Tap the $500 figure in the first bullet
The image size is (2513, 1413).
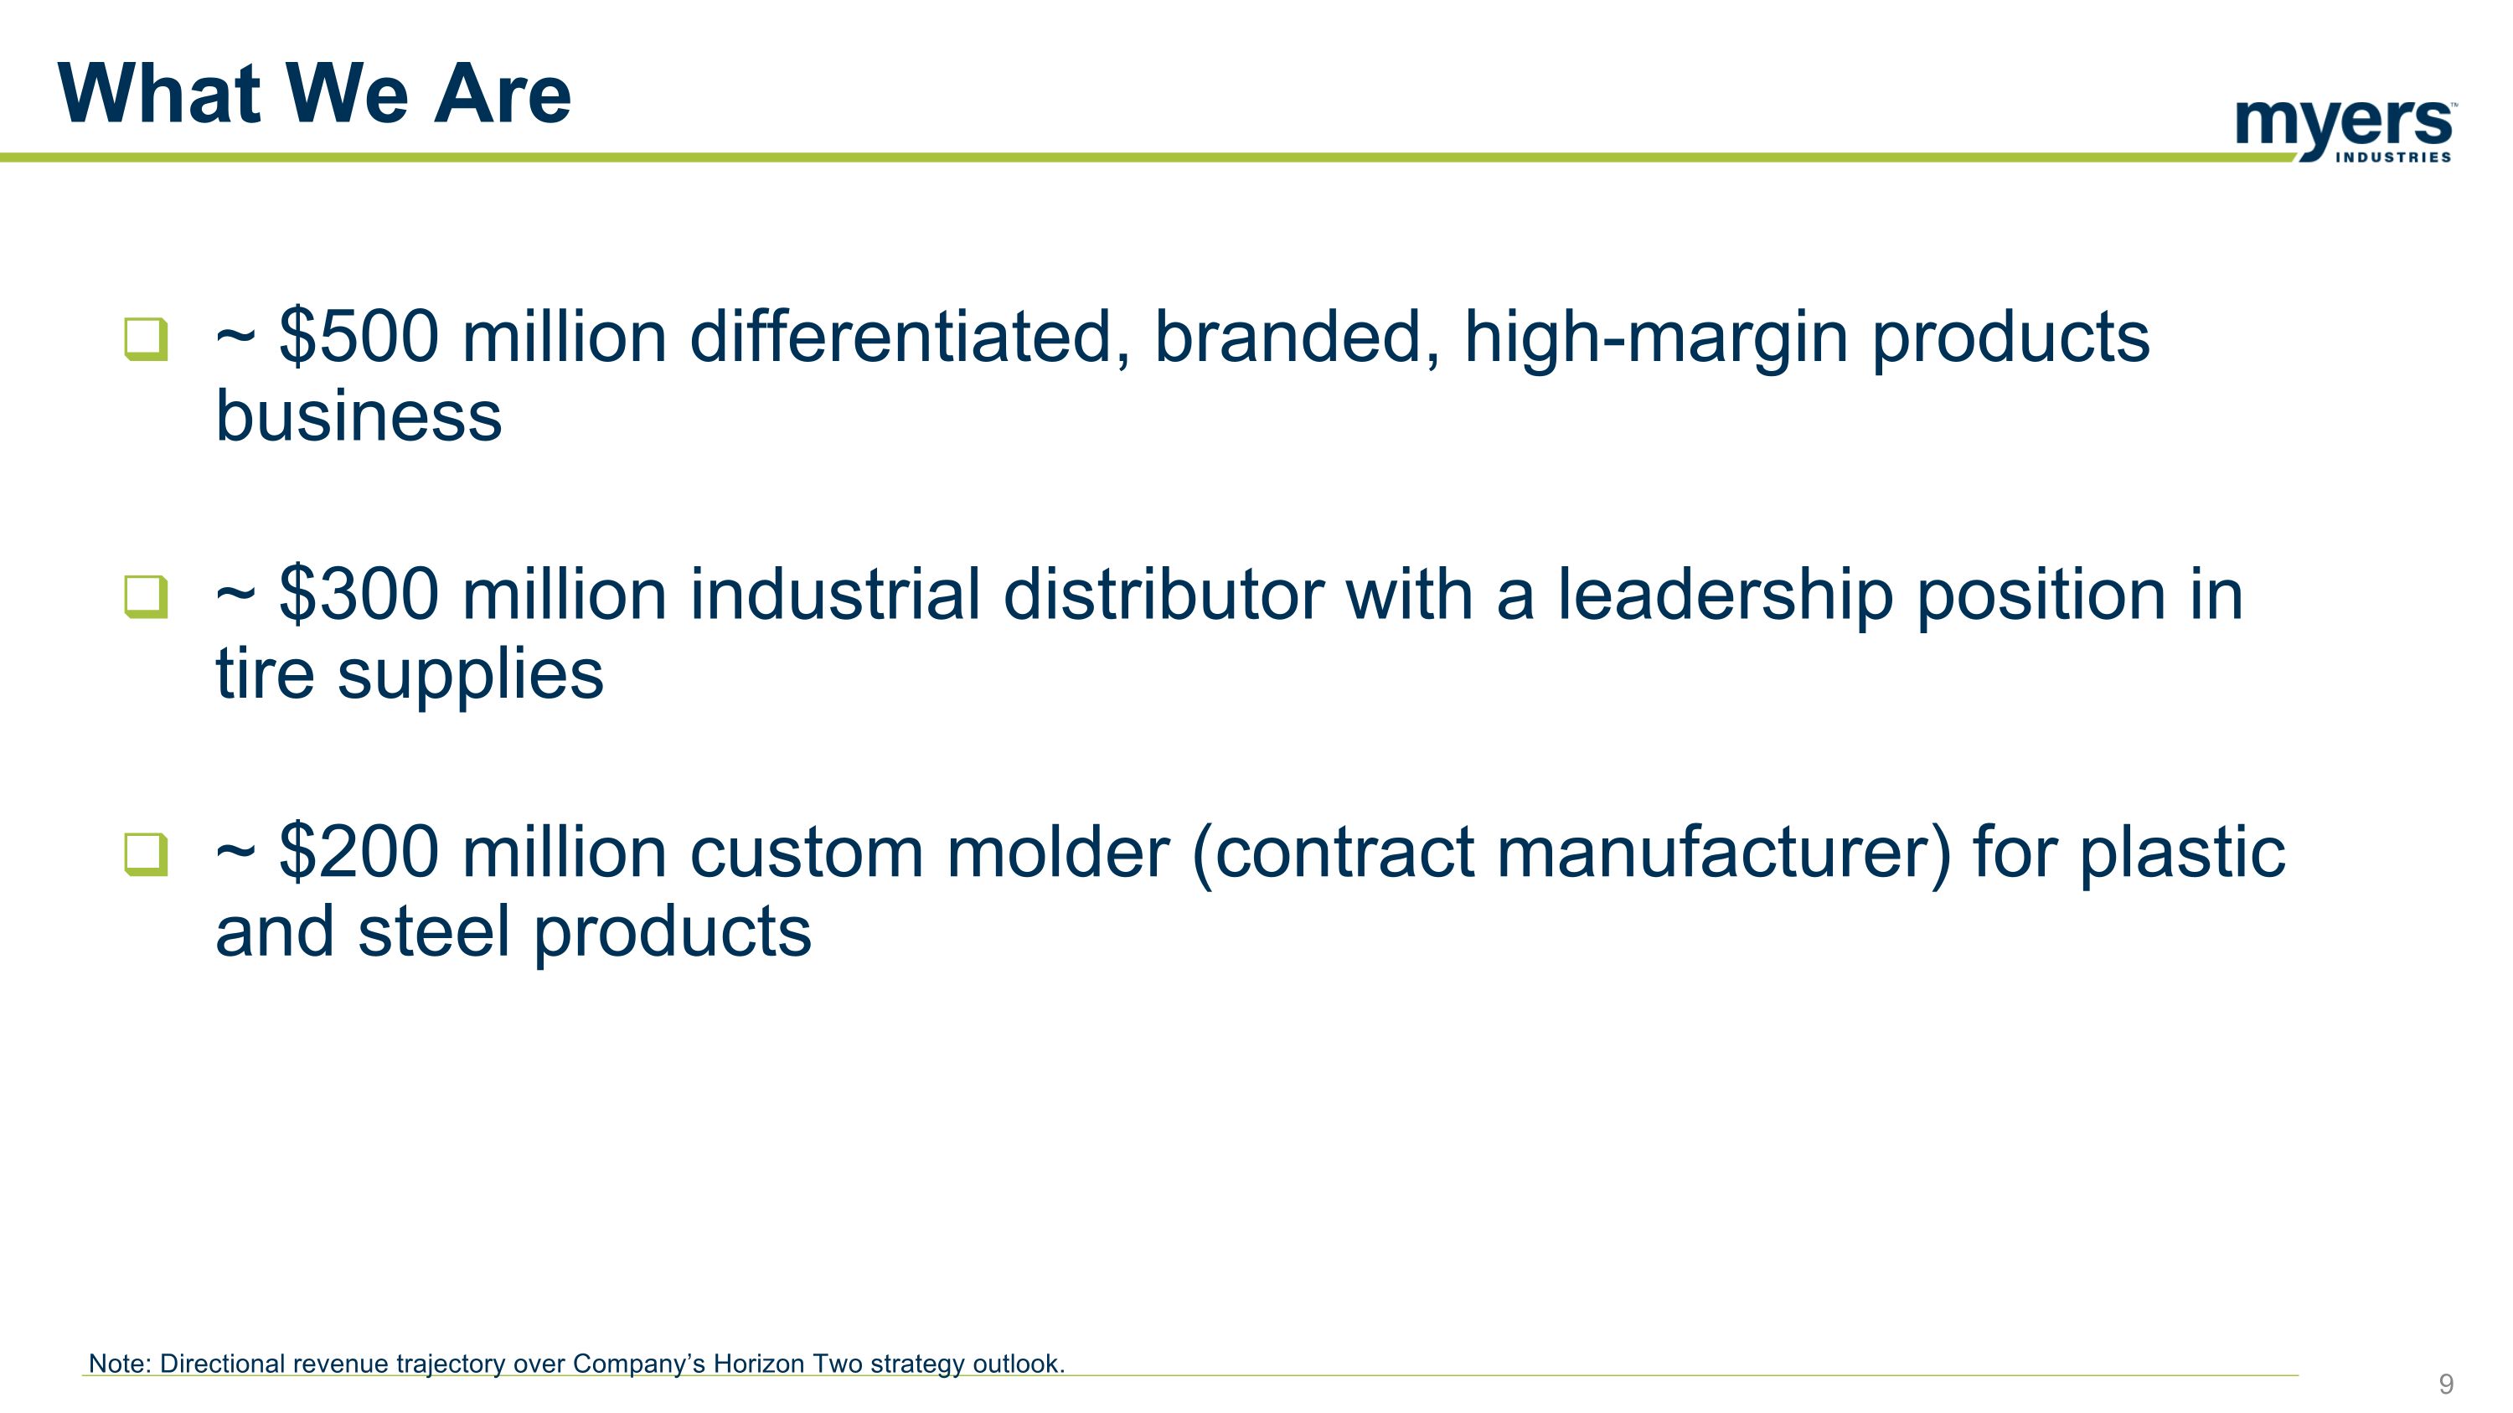(x=359, y=337)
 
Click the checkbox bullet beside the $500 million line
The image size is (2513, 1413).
(x=147, y=339)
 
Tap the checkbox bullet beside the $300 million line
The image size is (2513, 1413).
(x=147, y=597)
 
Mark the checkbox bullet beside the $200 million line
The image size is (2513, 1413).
(x=147, y=854)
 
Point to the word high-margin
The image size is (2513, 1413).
(x=1655, y=337)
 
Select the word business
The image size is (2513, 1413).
(x=358, y=416)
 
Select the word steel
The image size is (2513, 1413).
(x=434, y=931)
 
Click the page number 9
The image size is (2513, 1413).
(x=2446, y=1384)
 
